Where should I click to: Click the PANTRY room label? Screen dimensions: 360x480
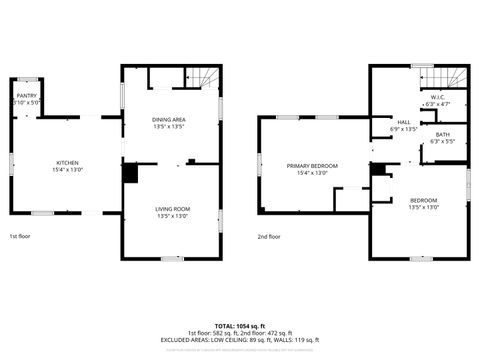(25, 95)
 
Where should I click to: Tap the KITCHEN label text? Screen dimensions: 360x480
(68, 162)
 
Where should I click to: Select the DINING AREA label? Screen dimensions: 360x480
(169, 119)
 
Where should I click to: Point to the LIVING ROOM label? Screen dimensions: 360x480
(172, 208)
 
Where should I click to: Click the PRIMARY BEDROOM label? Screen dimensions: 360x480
(312, 165)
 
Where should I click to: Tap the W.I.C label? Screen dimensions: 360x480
(437, 97)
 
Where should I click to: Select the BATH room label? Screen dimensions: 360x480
(442, 135)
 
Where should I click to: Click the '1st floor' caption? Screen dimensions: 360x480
(20, 237)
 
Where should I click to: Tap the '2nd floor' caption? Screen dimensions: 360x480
(269, 237)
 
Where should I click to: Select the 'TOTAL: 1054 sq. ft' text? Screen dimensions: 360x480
(240, 326)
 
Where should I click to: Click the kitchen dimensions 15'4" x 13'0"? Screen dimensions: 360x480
(68, 169)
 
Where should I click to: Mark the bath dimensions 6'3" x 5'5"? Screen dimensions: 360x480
(442, 141)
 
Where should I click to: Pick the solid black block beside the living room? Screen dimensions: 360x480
(129, 173)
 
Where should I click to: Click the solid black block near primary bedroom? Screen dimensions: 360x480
(377, 169)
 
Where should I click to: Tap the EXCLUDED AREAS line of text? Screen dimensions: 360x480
(240, 340)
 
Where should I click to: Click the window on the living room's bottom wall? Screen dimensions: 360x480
(172, 258)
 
